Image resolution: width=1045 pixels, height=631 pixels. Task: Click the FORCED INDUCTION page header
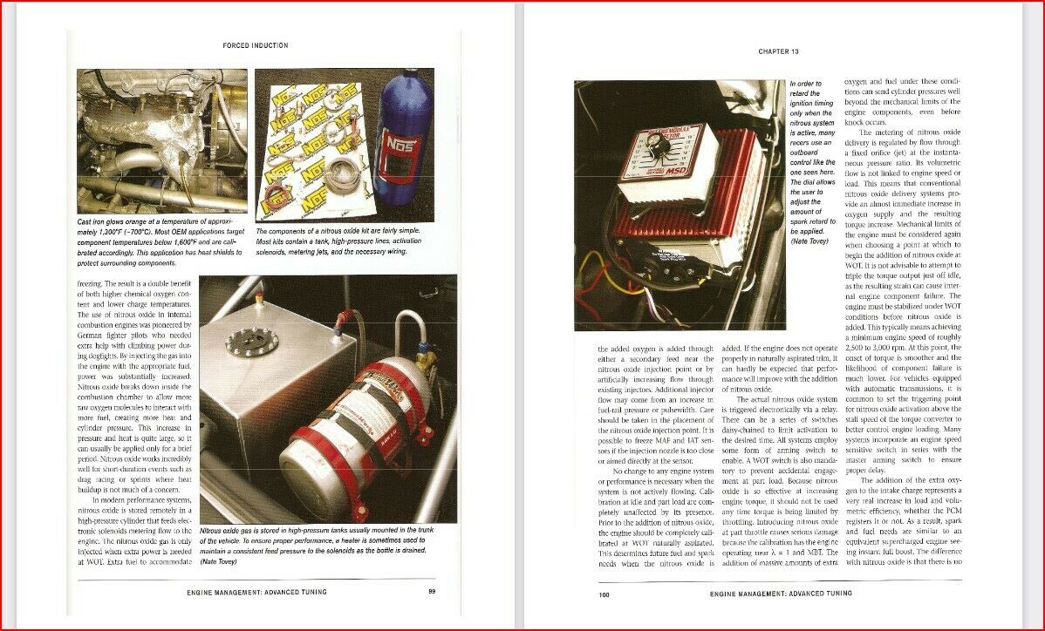[x=255, y=45]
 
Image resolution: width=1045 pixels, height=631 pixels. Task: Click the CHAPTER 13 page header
[x=778, y=52]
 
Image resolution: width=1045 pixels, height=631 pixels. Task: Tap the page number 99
[x=432, y=592]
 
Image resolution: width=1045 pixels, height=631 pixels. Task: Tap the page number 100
[x=604, y=595]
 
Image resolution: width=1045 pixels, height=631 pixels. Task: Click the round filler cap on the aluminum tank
[x=252, y=342]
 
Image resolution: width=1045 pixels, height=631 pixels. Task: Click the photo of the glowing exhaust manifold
[x=162, y=141]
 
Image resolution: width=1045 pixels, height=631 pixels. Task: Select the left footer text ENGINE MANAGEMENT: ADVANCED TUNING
[x=256, y=592]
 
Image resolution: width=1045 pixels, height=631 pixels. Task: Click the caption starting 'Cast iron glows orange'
[x=162, y=241]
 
